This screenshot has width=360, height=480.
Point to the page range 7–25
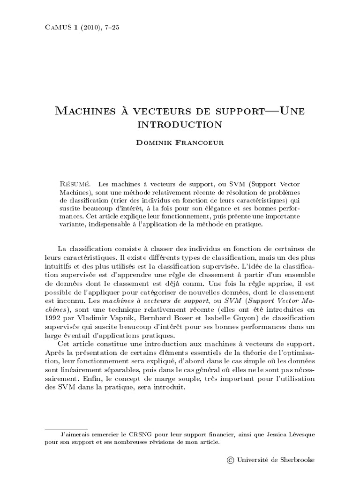[111, 27]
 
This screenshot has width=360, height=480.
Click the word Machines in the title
[82, 112]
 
